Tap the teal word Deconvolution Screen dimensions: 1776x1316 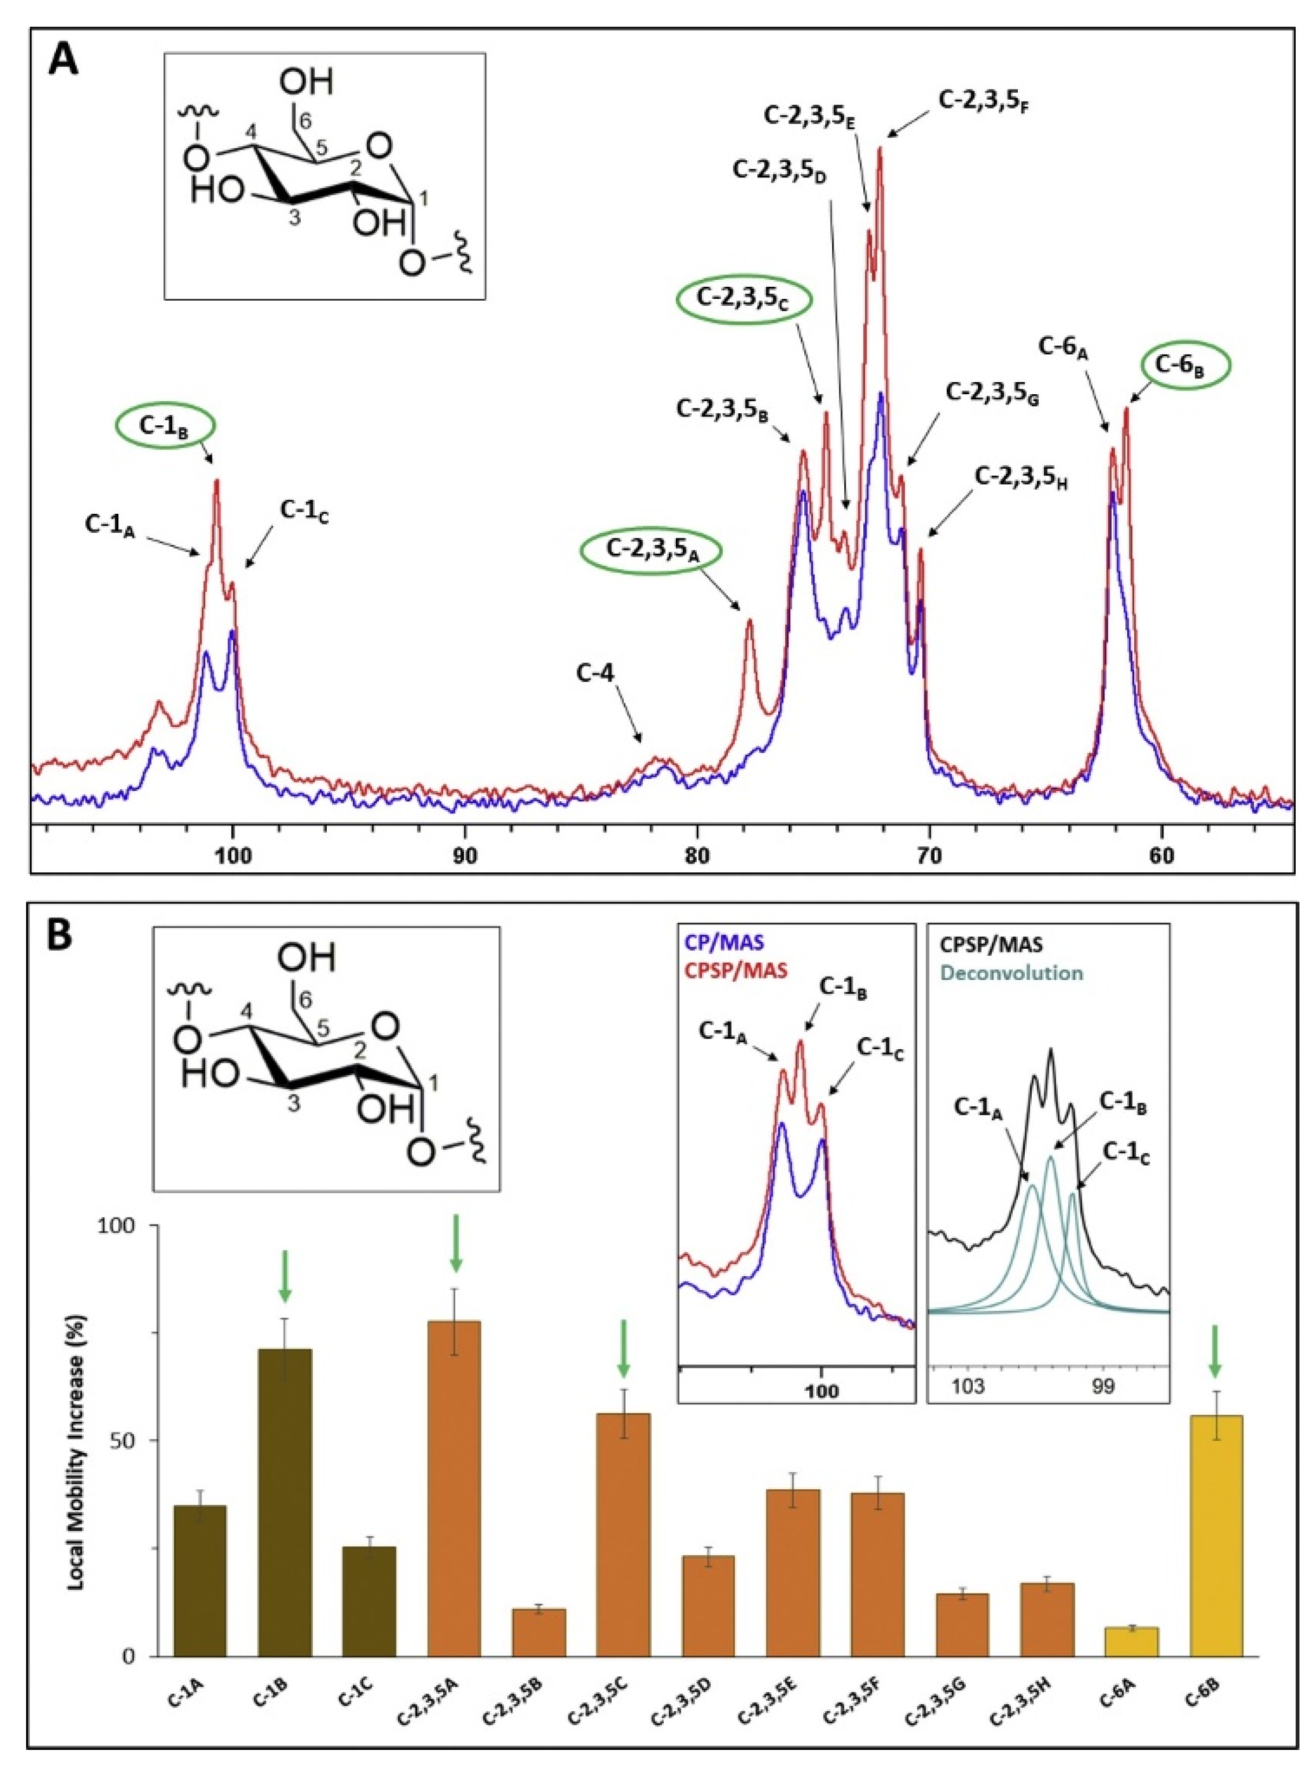pos(1011,973)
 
